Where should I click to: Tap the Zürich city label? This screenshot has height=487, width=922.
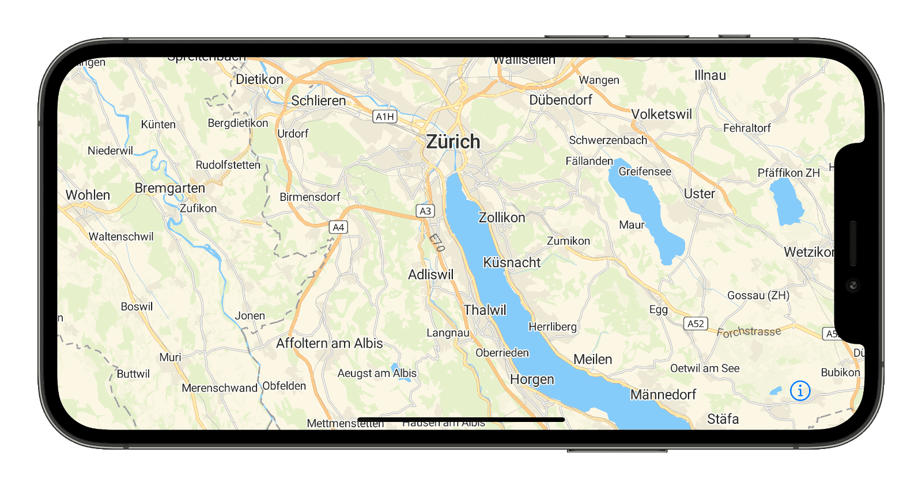[453, 142]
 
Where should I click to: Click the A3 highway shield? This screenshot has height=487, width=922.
[425, 211]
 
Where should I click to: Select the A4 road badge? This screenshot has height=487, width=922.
[338, 227]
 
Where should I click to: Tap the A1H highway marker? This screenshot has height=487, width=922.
[385, 117]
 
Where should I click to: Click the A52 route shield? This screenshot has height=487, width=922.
[696, 324]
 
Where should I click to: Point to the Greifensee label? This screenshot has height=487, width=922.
[645, 172]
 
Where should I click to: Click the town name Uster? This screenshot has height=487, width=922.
[699, 194]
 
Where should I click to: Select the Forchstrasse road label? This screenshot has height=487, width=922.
[749, 332]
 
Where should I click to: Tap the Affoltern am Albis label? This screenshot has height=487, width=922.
[329, 344]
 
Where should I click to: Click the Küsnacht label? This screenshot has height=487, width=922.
[512, 262]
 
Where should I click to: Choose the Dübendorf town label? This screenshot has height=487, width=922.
[561, 100]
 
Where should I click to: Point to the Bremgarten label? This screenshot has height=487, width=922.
[169, 188]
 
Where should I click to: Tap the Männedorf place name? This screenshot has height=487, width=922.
[663, 395]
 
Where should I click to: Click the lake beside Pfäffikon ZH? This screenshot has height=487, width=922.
[786, 201]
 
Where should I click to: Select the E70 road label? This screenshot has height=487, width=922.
[437, 242]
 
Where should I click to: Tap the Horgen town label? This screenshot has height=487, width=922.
[532, 380]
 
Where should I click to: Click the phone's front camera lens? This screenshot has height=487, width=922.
[853, 285]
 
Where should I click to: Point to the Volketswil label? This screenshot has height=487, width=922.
[661, 115]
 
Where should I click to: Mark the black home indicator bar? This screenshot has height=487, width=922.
[461, 420]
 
